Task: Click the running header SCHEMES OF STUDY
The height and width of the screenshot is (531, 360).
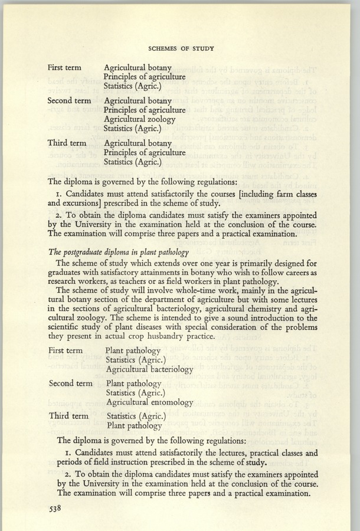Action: [181, 48]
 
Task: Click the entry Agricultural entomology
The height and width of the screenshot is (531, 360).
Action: [150, 402]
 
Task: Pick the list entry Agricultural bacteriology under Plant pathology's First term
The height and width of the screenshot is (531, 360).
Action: [149, 369]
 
